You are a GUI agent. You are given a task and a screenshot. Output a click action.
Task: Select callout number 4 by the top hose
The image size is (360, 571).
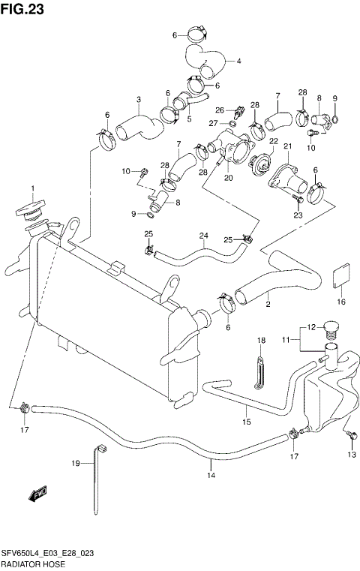click(238, 61)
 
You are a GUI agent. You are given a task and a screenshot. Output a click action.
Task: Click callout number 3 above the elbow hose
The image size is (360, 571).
click(138, 99)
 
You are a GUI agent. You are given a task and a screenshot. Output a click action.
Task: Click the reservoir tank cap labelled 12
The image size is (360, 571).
click(331, 328)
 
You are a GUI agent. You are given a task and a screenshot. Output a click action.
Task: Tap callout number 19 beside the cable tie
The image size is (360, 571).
click(75, 464)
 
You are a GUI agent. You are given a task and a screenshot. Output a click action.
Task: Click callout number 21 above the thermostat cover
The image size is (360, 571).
click(285, 148)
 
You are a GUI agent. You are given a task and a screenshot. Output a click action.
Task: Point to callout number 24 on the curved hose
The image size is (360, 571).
click(202, 236)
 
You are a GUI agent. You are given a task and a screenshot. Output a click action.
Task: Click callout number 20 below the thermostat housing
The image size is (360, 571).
click(228, 178)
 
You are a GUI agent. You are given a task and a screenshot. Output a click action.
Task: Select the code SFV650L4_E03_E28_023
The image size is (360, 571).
click(52, 551)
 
